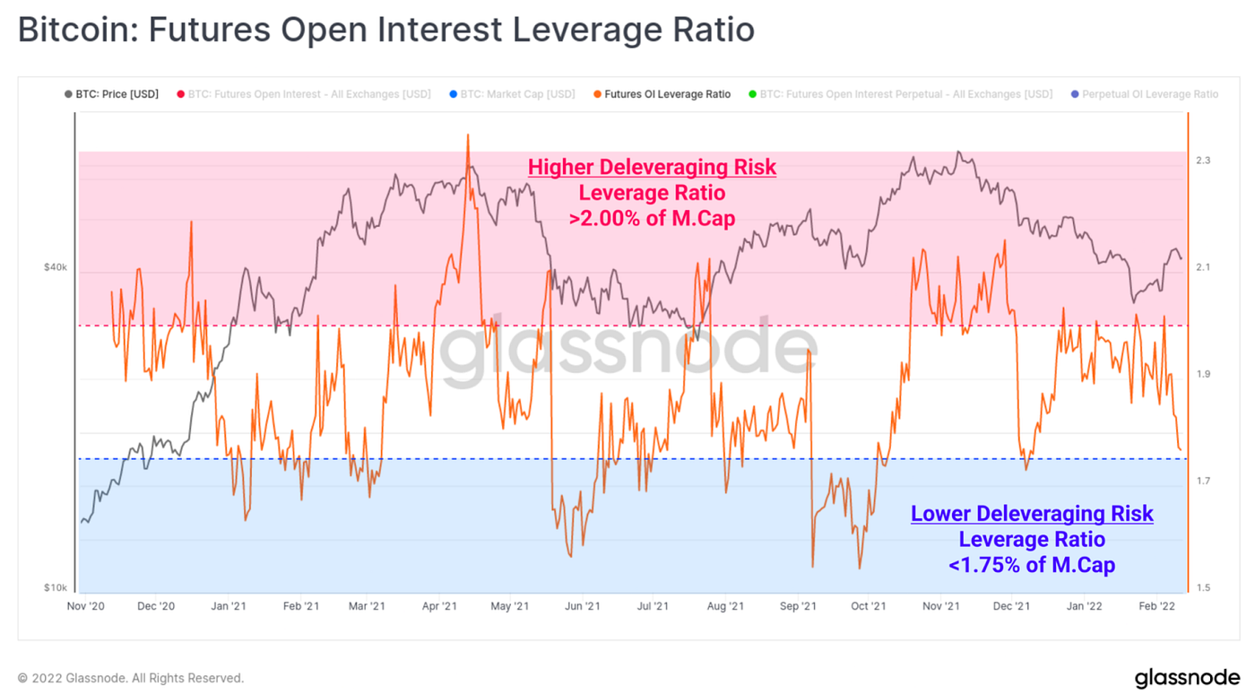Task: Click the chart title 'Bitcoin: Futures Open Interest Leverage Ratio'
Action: [x=385, y=30]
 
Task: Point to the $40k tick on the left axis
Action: [x=56, y=267]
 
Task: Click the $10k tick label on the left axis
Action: [x=56, y=588]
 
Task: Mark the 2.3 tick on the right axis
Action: [x=1203, y=161]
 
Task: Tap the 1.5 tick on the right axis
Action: [x=1203, y=588]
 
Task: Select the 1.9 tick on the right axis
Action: [x=1203, y=374]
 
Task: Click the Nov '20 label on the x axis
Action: [x=86, y=607]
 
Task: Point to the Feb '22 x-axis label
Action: [x=1156, y=607]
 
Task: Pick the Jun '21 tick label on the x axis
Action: [x=583, y=607]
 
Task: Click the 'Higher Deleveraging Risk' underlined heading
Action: [x=652, y=167]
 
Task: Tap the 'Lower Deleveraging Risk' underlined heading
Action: [x=1032, y=514]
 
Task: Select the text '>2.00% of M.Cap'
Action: [x=652, y=217]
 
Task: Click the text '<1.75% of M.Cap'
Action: [x=1032, y=565]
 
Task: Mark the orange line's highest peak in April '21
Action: [x=467, y=135]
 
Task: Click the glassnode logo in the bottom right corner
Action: [x=1187, y=678]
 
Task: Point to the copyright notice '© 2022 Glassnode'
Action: [x=131, y=679]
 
